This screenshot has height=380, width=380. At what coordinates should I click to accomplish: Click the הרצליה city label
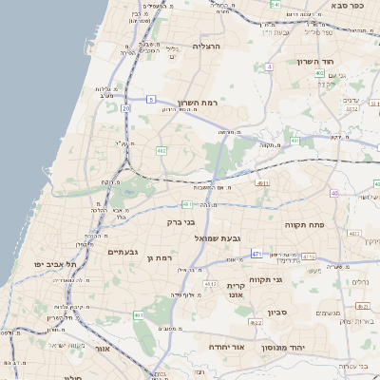(x=206, y=46)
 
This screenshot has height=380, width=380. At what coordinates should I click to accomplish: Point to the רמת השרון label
(x=197, y=102)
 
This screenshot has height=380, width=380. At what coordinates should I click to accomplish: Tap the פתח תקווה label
(x=303, y=226)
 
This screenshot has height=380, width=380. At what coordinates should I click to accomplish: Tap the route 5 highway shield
(x=151, y=99)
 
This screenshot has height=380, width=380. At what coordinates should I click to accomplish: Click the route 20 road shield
(x=125, y=108)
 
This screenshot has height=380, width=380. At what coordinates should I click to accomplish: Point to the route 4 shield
(x=269, y=67)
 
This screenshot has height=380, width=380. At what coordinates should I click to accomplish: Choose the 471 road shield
(x=256, y=254)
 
